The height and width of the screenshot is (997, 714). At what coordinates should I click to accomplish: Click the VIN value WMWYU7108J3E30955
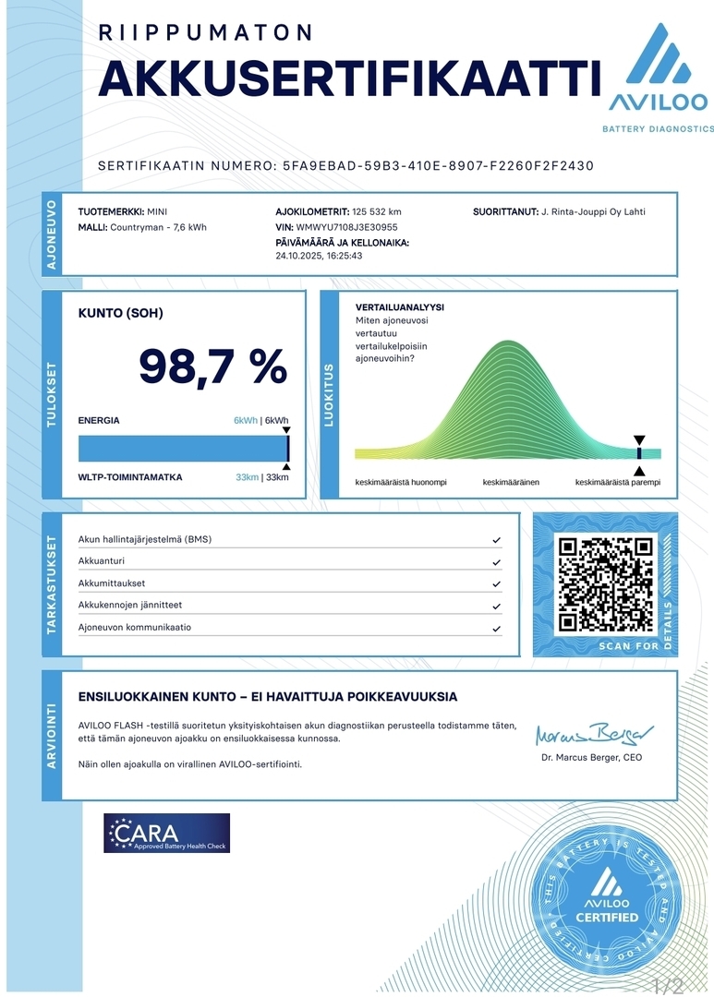(x=346, y=226)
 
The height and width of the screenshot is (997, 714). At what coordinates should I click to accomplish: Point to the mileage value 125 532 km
(x=377, y=211)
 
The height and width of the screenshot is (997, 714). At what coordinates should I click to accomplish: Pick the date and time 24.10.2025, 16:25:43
(x=319, y=256)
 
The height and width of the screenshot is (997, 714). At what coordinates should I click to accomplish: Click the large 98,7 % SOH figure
(x=212, y=367)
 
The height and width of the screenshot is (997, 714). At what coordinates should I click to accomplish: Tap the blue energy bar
(x=183, y=449)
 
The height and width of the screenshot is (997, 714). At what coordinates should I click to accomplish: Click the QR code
(x=606, y=583)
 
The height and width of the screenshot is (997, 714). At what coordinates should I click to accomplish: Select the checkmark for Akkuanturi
(x=497, y=562)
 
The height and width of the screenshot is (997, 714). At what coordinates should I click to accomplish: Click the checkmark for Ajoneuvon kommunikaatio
(x=497, y=629)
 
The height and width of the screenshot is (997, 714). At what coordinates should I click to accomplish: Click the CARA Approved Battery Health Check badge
(x=167, y=833)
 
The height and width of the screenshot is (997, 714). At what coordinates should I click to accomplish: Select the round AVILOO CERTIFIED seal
(x=607, y=895)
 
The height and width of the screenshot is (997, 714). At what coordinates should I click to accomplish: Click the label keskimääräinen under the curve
(x=511, y=483)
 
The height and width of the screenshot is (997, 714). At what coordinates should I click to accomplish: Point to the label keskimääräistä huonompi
(x=401, y=483)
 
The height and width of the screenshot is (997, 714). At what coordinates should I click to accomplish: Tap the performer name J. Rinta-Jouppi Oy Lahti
(x=593, y=211)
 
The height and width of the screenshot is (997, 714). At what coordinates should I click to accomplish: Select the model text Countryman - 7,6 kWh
(x=158, y=226)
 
